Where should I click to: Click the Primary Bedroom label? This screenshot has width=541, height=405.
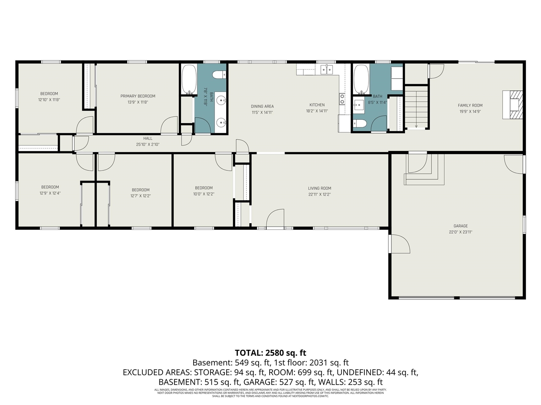[138, 96]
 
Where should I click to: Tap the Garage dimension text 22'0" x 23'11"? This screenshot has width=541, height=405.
[460, 232]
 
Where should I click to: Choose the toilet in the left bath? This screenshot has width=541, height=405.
[219, 76]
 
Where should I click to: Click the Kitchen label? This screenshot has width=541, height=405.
[317, 105]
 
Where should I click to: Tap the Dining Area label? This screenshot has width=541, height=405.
[262, 106]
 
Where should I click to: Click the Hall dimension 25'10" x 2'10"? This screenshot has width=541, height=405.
[148, 144]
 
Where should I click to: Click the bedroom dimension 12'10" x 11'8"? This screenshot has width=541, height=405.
[49, 100]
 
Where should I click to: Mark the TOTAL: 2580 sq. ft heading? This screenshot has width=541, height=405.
[270, 353]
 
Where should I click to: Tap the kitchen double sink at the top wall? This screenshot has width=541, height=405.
[326, 70]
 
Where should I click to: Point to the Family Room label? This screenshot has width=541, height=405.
[470, 105]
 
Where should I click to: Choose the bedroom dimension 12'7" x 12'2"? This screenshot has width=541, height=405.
[140, 196]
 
